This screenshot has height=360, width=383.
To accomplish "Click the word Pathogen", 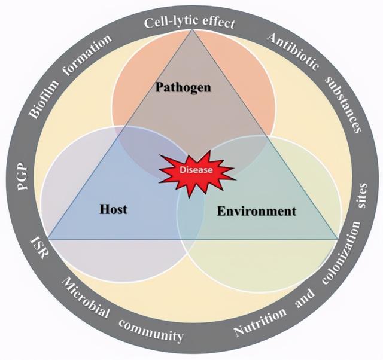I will click(183, 88).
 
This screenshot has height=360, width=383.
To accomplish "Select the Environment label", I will click(256, 211).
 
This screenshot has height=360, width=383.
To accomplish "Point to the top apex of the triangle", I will click(193, 29).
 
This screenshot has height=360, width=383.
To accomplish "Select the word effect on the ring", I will click(217, 24).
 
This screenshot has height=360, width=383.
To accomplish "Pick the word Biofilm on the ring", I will click(45, 102).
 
